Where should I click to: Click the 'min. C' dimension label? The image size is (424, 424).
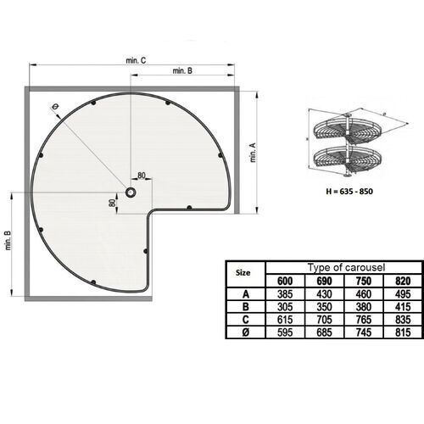pyautogui.click(x=136, y=60)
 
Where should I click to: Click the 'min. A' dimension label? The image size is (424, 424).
pyautogui.click(x=253, y=153)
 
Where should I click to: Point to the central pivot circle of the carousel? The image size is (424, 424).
pyautogui.click(x=131, y=192)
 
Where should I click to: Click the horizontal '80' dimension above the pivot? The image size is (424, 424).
pyautogui.click(x=140, y=176)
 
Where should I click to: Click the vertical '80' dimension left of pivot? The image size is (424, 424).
pyautogui.click(x=111, y=204)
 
